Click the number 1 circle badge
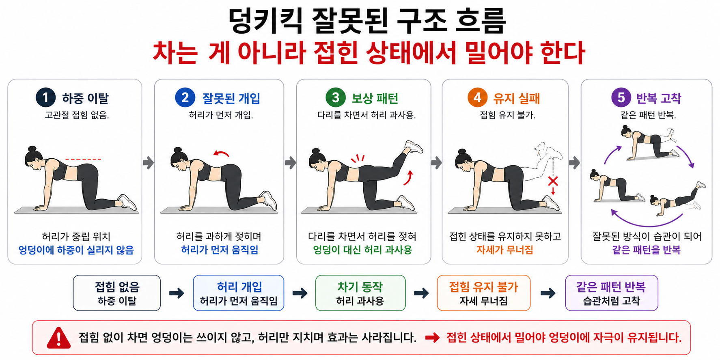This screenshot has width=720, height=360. coord(45,97)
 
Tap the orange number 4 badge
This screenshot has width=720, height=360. coord(477,97)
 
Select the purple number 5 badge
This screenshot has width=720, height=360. coord(621,97)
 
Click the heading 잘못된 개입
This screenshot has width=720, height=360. coord(231,98)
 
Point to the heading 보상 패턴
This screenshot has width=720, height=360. coord(375,98)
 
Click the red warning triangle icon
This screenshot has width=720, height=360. coord(59,338)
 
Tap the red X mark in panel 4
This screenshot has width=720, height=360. coord(553,181)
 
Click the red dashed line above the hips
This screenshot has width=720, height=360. coord(83,159)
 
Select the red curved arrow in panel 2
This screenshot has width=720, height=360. coord(222,153)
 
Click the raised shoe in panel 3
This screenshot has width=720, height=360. coord(414,147)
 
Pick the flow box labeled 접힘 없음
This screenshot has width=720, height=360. coord(117,293)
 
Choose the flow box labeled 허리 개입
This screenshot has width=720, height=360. coord(239,293)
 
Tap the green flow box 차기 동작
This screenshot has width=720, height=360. coord(360,293)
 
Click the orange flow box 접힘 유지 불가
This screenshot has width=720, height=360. coord(483,293)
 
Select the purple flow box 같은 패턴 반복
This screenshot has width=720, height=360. coord(611,293)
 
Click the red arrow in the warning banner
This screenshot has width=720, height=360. coord(432,338)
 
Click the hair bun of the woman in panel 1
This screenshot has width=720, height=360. coord(32,149)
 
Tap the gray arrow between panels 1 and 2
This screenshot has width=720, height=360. coord(148,163)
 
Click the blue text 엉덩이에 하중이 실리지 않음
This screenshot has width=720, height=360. coord(76,250)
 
